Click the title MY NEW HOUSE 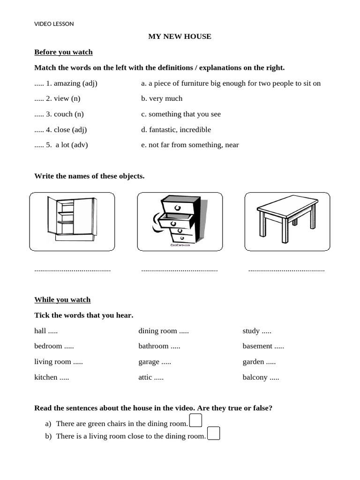[x=180, y=37]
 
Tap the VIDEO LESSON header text [x=54, y=24]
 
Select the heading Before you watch [x=63, y=52]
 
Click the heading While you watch [x=62, y=300]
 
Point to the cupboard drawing [x=72, y=219]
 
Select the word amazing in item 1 [x=67, y=83]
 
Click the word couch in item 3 [x=63, y=114]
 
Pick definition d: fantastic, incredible [x=176, y=130]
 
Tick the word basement [x=257, y=346]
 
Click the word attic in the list [x=145, y=377]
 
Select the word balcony [x=255, y=377]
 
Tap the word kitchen [x=46, y=377]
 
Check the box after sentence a [x=195, y=420]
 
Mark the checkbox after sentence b [x=213, y=433]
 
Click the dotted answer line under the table [x=286, y=270]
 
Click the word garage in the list [x=149, y=362]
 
